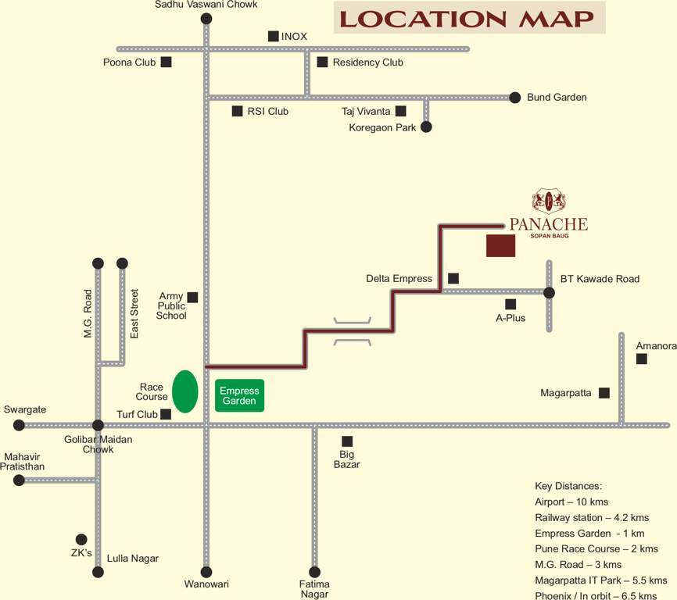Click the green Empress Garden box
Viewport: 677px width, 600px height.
[239, 395]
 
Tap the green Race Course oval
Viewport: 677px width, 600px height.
[184, 391]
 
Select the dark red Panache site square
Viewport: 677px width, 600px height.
[500, 245]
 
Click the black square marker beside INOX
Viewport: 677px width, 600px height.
[273, 36]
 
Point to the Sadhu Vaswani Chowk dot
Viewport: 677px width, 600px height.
[206, 19]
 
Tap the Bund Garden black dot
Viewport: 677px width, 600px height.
[514, 98]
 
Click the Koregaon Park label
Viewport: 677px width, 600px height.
[382, 127]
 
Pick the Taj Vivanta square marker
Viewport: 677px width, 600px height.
[400, 111]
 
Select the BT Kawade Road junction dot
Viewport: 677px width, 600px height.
[549, 293]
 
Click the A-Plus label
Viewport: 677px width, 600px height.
[510, 318]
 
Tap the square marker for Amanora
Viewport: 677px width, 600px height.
[641, 359]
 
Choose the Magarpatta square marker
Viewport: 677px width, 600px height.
[604, 393]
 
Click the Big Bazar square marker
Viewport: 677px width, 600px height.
[347, 441]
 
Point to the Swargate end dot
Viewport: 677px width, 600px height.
[19, 425]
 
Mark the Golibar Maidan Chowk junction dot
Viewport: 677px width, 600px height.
[98, 425]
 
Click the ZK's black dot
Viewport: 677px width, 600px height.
[81, 539]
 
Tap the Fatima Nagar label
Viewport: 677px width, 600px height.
[314, 589]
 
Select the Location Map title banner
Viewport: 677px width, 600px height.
[469, 18]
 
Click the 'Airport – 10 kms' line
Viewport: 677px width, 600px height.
[571, 502]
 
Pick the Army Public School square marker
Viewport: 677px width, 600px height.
[192, 297]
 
